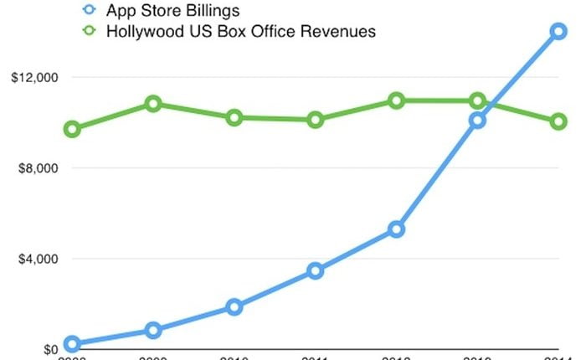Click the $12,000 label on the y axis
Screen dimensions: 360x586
(x=30, y=78)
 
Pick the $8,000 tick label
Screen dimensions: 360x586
(x=33, y=168)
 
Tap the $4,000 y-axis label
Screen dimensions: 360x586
(x=33, y=259)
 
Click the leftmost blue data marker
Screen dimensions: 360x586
(x=72, y=344)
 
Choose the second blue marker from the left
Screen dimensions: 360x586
(x=153, y=331)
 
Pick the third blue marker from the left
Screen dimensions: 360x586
(x=234, y=307)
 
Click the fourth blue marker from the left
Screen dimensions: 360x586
(x=316, y=271)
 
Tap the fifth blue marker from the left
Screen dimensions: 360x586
(x=397, y=229)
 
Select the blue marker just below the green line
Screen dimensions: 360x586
(x=477, y=121)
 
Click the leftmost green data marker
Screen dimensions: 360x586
(x=72, y=129)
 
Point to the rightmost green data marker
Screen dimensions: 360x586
(x=558, y=121)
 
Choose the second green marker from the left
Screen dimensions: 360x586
(x=153, y=104)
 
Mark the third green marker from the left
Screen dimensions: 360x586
(x=234, y=118)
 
